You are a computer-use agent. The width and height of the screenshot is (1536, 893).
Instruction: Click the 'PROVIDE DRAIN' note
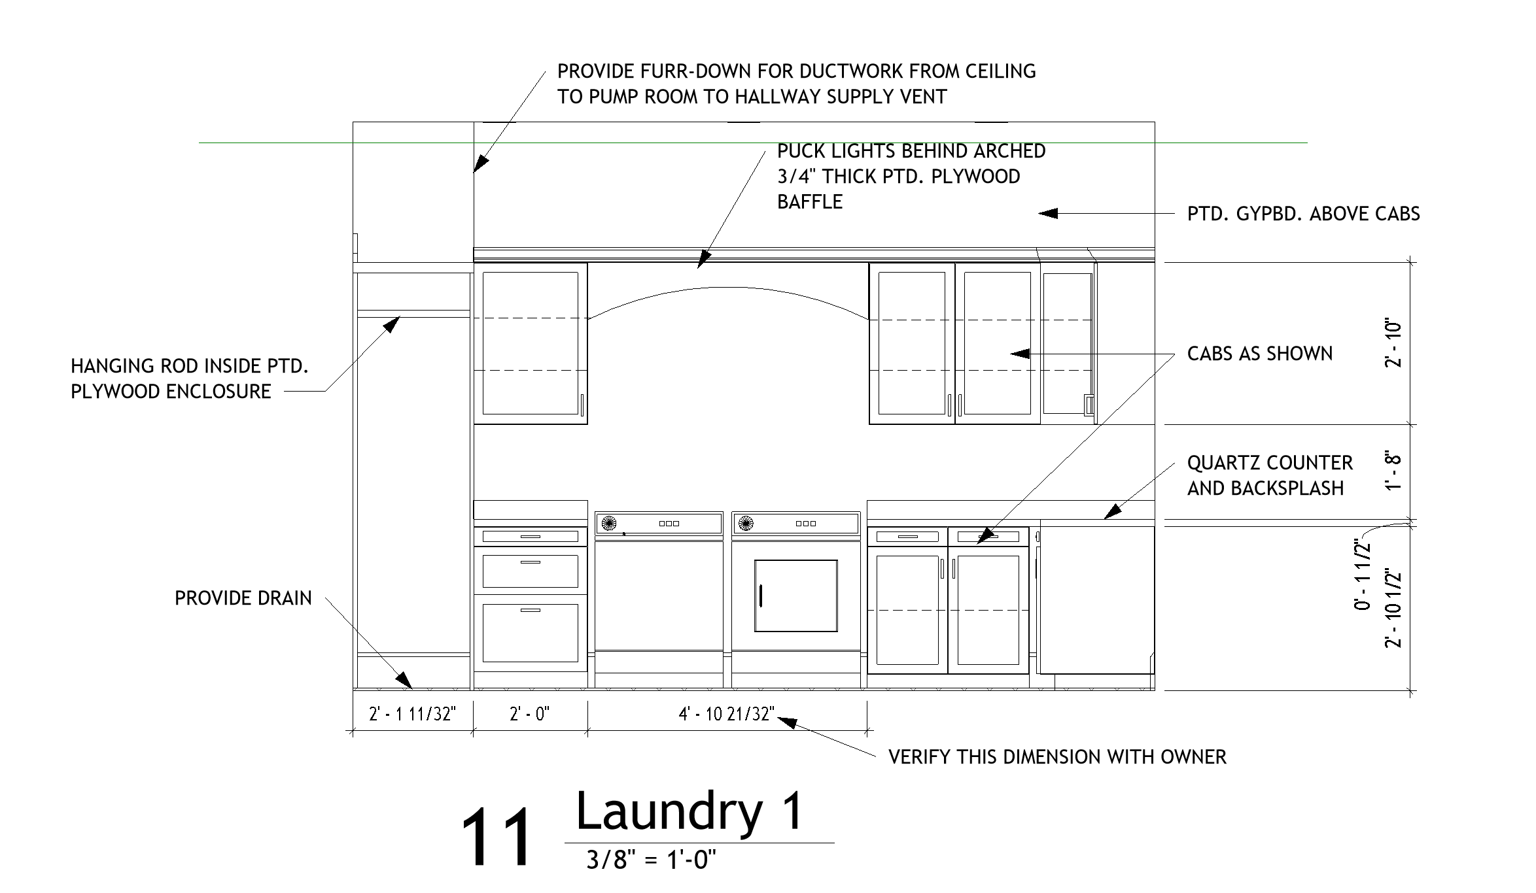[243, 598]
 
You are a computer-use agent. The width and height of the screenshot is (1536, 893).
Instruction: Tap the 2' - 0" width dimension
[529, 714]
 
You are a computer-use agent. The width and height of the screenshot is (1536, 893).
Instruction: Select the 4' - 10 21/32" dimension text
[726, 714]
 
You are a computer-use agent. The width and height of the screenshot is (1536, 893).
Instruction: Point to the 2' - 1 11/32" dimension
[412, 714]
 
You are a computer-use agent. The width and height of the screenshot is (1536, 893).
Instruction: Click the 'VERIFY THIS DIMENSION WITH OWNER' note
[1056, 757]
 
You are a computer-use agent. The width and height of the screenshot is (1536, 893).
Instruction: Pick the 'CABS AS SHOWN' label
[1259, 354]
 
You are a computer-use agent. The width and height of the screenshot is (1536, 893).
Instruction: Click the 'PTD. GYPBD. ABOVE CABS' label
[1303, 214]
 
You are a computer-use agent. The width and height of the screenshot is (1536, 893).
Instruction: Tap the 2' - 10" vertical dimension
[1393, 343]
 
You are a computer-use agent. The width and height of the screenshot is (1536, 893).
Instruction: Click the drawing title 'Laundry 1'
[689, 812]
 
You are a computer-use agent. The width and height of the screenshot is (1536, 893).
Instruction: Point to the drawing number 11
[497, 837]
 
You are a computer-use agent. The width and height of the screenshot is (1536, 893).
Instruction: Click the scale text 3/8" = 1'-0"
[651, 860]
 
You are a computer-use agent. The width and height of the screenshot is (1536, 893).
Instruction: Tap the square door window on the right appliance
[795, 596]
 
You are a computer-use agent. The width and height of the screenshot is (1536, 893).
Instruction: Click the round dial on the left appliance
[608, 523]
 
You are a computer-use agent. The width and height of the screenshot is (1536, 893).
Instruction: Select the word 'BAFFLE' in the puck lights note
[809, 202]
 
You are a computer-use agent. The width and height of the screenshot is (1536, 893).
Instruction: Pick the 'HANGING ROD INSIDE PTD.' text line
[189, 366]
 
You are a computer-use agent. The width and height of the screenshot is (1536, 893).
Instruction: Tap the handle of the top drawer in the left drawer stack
[530, 537]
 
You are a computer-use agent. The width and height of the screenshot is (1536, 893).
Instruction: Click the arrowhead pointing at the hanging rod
[392, 324]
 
